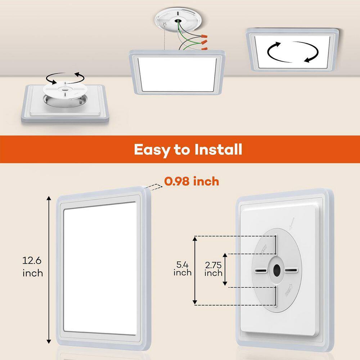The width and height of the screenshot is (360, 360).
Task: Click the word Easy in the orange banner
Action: tap(150, 150)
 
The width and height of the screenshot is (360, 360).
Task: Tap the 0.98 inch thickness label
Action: tap(192, 181)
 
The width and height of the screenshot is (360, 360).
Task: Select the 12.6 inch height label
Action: tap(33, 266)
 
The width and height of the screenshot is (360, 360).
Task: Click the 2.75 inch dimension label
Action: tap(213, 269)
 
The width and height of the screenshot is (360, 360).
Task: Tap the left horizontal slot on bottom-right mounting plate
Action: tap(261, 270)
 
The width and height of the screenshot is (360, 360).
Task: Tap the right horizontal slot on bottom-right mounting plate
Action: tap(291, 270)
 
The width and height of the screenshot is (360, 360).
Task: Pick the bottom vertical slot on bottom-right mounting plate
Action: tap(276, 295)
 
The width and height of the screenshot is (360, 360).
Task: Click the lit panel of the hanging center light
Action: tap(176, 74)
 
